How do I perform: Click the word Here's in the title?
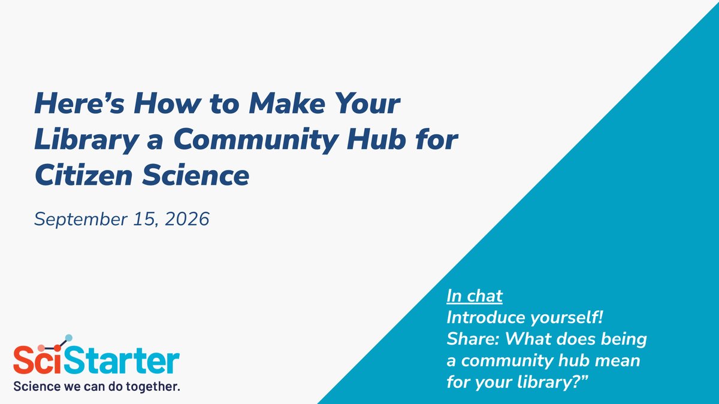pos(79,103)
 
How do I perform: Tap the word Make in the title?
pos(287,103)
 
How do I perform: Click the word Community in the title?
pos(256,141)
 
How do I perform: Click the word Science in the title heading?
pos(196,175)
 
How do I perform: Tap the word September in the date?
pos(80,220)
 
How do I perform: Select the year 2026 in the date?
pos(187,219)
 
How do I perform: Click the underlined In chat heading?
pos(475,296)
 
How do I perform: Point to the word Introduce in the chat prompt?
pos(486,317)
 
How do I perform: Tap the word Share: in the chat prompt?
pos(473,339)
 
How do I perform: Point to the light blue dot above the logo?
pos(69,338)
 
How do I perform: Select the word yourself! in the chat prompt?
pos(567,318)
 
